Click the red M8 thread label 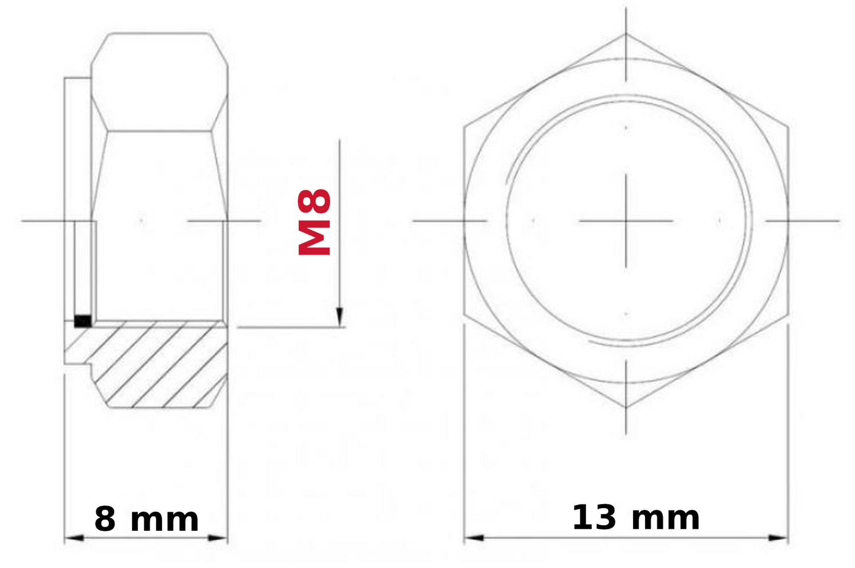314,222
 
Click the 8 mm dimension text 147,519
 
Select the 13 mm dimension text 636,518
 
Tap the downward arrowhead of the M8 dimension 339,317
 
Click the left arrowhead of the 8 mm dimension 74,538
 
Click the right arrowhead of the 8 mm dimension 218,538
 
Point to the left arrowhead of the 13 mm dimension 474,538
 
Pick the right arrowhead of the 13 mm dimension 778,538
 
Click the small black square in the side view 83,321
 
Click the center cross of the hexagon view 626,221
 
